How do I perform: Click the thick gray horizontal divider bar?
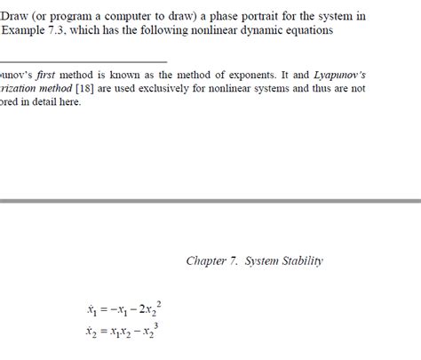(x=210, y=203)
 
